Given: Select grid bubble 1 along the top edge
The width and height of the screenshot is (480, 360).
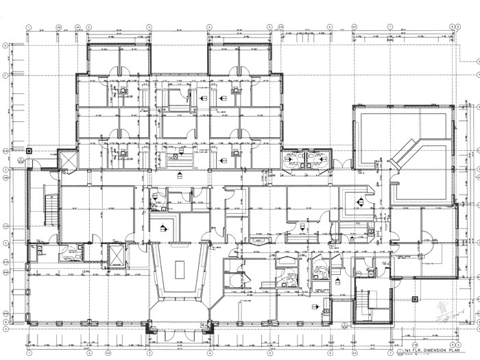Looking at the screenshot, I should click(x=28, y=27).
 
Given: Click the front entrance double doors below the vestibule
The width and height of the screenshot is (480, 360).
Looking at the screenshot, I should click(x=179, y=327).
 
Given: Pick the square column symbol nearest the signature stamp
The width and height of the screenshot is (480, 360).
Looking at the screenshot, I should click(x=416, y=298).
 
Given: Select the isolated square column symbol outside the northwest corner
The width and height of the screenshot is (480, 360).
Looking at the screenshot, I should click(x=28, y=150).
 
